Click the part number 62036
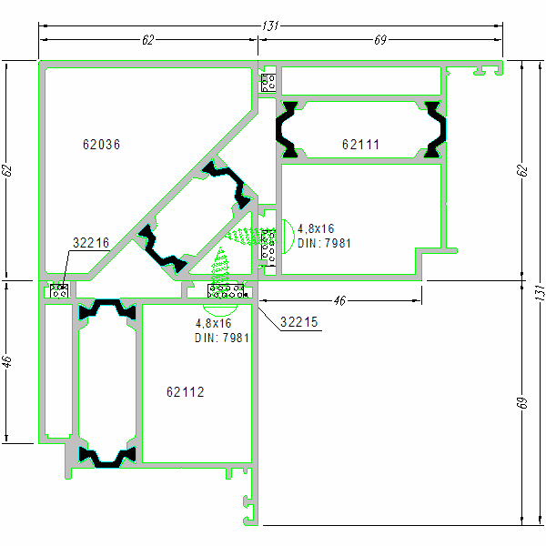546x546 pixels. [101, 145]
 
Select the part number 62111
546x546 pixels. [360, 145]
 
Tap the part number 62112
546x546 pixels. [185, 392]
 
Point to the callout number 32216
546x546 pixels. [90, 243]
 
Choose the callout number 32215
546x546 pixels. [298, 322]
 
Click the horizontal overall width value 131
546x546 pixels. [269, 26]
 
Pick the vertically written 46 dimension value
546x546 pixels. [8, 361]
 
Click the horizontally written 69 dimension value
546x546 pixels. [380, 40]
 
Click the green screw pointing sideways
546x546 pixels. [243, 237]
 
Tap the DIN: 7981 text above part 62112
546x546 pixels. [222, 338]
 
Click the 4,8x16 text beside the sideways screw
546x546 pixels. [316, 229]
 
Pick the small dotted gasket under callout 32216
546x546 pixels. [60, 291]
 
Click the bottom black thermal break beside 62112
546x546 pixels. [107, 456]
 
